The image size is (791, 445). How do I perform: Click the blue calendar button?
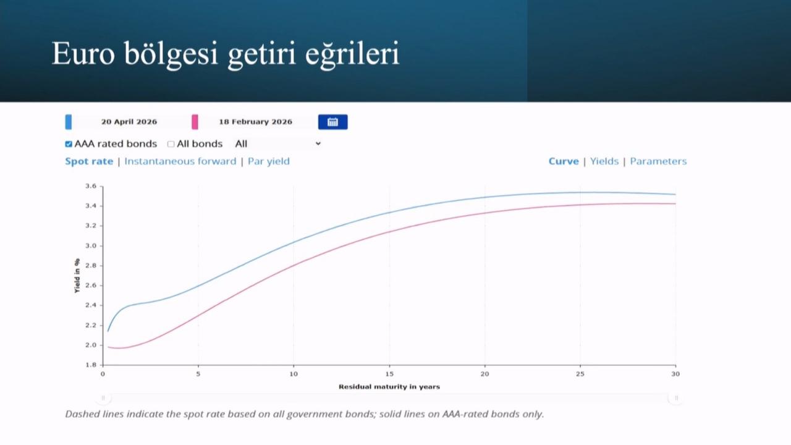tap(332, 122)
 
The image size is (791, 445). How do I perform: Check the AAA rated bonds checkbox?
tap(69, 144)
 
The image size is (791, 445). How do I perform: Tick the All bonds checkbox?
tap(171, 144)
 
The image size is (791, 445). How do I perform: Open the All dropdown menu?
tap(277, 144)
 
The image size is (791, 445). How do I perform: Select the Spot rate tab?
tap(89, 161)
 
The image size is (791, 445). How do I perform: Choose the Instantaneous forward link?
tap(180, 161)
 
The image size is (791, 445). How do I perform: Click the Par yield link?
tap(268, 161)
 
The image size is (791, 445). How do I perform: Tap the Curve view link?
tap(564, 161)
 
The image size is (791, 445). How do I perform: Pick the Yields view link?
tap(604, 161)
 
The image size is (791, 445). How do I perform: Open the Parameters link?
tap(658, 161)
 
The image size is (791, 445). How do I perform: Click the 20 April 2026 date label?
tap(129, 122)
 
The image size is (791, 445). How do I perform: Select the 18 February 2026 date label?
tap(256, 122)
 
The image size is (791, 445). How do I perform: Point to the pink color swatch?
tap(195, 122)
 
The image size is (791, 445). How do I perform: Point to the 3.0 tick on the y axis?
tap(91, 246)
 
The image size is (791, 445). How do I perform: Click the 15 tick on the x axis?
tap(389, 374)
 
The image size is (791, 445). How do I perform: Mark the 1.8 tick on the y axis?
tap(91, 365)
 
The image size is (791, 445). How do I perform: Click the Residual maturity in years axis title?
tap(389, 387)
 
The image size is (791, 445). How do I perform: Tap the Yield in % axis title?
tap(77, 276)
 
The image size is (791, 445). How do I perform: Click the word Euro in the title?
tap(83, 54)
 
